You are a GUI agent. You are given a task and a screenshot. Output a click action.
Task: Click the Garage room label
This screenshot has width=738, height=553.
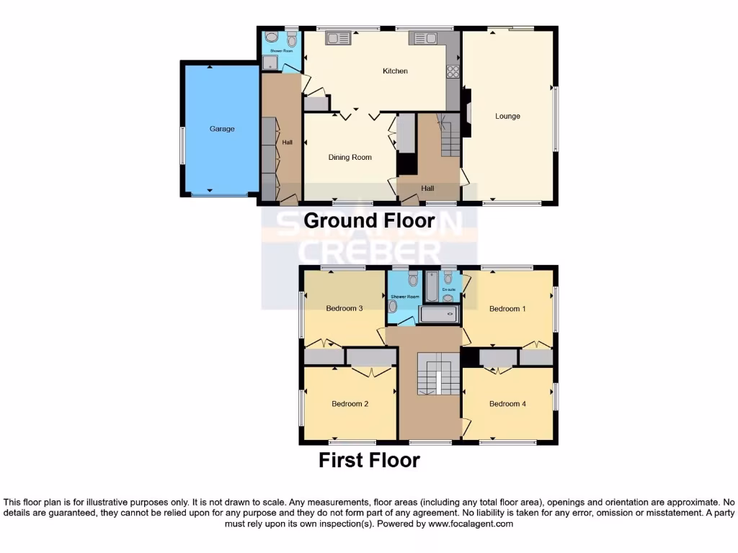coord(222,129)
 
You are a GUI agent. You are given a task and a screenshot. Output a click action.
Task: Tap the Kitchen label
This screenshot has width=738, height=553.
coord(395,71)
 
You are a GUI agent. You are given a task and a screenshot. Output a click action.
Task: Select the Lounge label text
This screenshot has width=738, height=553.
coord(507,116)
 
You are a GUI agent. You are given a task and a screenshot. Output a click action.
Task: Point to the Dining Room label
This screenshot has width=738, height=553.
coord(350,157)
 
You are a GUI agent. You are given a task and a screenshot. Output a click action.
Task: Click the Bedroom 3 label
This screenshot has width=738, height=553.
coord(344,309)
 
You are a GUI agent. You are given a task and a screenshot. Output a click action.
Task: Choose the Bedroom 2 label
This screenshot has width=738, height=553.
coord(350,404)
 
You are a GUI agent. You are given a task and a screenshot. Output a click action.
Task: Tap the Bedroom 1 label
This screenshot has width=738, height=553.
coord(507,309)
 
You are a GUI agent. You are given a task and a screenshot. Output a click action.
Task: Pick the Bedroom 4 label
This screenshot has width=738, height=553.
coord(507,404)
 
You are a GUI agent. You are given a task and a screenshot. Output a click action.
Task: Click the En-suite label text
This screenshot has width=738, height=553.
coord(449,289)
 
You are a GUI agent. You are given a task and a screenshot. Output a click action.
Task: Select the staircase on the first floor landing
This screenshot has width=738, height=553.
coord(438,374)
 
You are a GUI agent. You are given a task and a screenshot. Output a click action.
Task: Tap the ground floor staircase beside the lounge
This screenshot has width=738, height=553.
coord(450,137)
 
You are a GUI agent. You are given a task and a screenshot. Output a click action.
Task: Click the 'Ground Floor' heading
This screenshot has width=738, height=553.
coord(369,220)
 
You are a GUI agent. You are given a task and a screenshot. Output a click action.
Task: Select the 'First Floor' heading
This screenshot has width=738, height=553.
coord(369,460)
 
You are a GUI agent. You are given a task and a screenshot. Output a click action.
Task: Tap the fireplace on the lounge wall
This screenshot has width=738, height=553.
coord(466,112)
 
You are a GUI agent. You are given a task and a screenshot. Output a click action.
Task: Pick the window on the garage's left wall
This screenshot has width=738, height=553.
coord(182,146)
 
